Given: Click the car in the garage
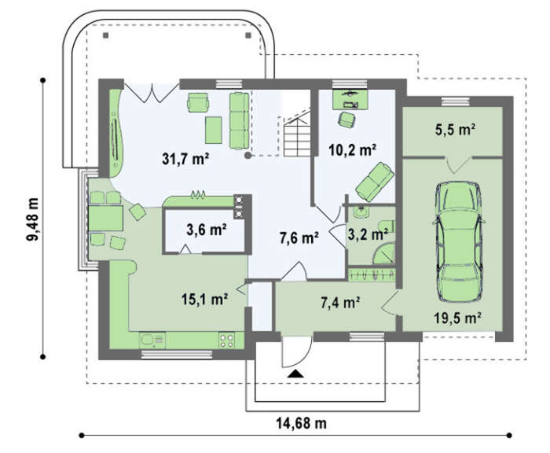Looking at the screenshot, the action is coord(459,241).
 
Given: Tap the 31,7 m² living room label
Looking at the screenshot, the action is coord(185,159).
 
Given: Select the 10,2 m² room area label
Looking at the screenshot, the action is coord(353,150).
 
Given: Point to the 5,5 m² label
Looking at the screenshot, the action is coord(455,130).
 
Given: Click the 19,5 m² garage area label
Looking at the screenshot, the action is coord(457,319).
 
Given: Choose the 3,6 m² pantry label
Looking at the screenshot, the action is coord(206,230).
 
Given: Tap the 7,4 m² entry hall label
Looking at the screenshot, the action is coord(340,302).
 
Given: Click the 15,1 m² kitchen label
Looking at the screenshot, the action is coord(205,299).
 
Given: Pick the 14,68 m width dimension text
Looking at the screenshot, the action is coord(301,423).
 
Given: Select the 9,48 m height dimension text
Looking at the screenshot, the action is coord(33,219).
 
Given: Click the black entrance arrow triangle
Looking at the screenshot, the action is coord(295,374).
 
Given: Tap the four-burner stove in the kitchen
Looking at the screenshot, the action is coord(226,341).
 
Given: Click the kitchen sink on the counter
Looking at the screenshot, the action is coord(152,340).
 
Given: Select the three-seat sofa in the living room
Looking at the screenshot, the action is coord(239,121).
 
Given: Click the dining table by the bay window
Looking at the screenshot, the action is coord(105,218).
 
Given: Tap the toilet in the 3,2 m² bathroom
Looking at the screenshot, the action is coord(387,226).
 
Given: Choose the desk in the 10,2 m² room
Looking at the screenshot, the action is coord(350,99).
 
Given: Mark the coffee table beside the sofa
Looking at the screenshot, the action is coord(214,130).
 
